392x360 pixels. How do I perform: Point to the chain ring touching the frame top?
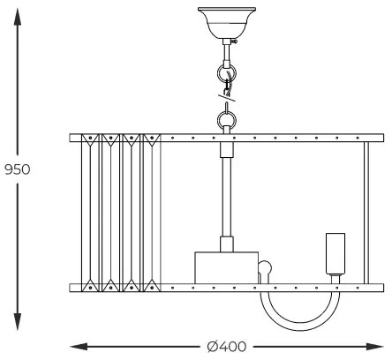tap(228, 117)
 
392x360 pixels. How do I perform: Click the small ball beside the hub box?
tap(266, 266)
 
